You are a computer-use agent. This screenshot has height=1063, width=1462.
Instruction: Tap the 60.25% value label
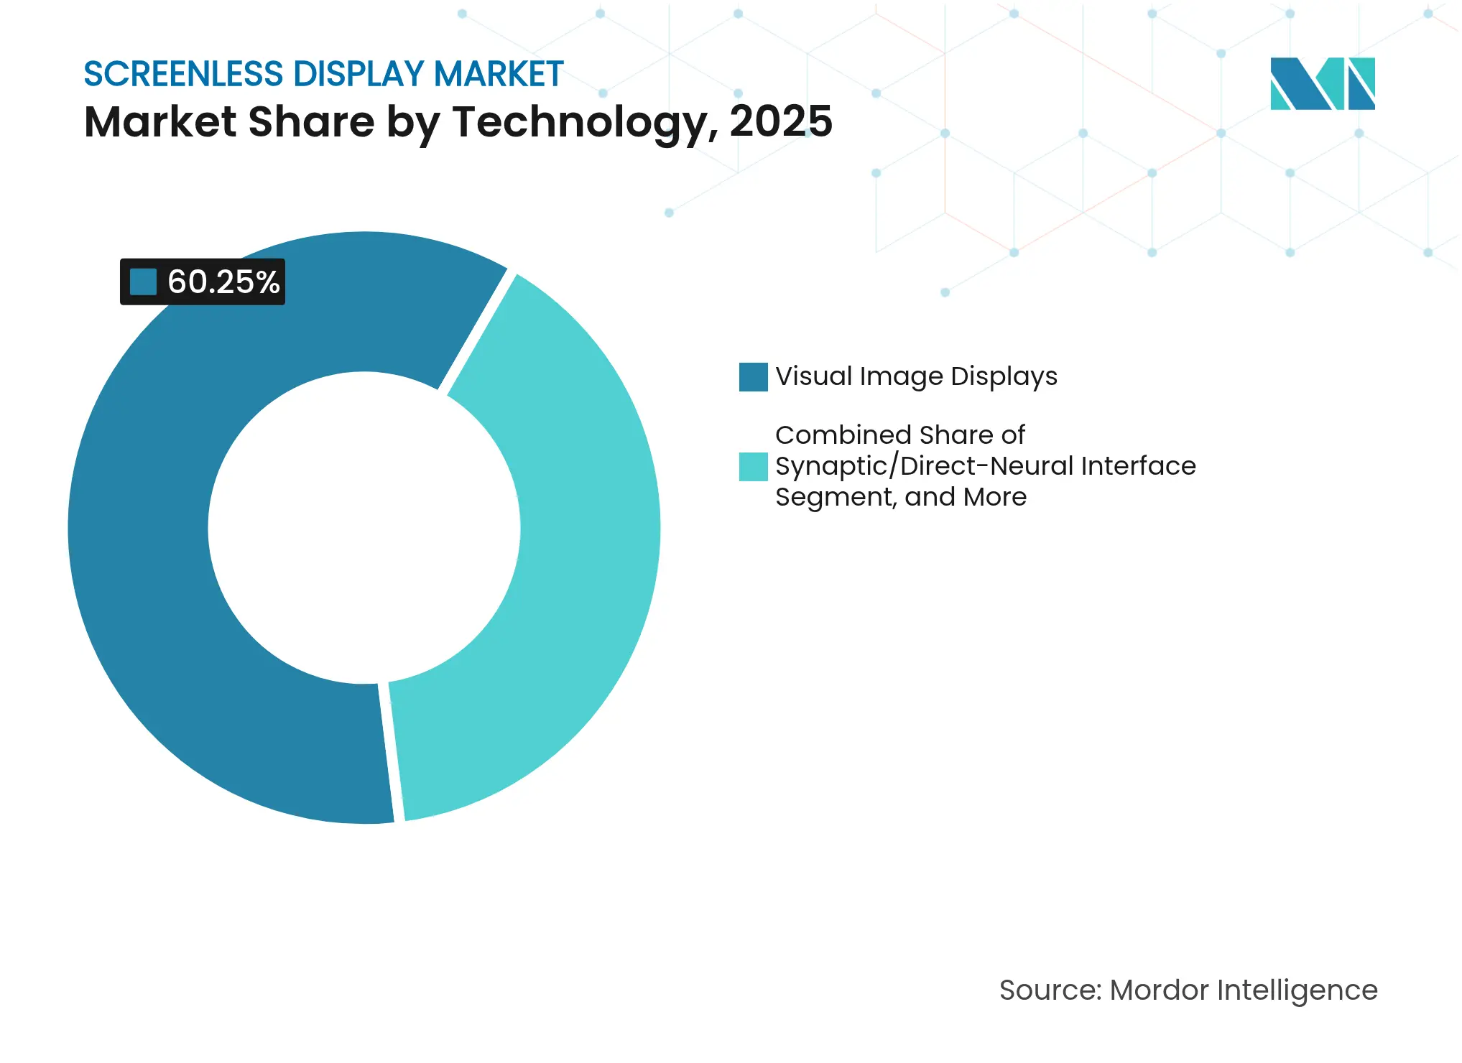(x=223, y=282)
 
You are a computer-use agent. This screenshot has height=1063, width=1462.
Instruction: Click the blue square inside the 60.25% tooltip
(x=143, y=282)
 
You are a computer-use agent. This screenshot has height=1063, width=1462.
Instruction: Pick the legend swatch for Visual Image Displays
(x=753, y=377)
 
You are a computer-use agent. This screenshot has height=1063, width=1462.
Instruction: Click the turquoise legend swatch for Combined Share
(x=753, y=466)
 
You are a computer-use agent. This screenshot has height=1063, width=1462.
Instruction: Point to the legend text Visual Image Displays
(x=916, y=376)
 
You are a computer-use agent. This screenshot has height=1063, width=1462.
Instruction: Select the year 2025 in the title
(x=780, y=121)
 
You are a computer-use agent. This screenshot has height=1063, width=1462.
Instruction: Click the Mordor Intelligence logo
(x=1322, y=83)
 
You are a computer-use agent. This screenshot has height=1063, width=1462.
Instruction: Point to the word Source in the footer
(x=1050, y=990)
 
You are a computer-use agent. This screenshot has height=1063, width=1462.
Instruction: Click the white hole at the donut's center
(x=364, y=528)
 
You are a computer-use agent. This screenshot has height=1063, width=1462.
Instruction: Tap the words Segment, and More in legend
(x=901, y=497)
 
